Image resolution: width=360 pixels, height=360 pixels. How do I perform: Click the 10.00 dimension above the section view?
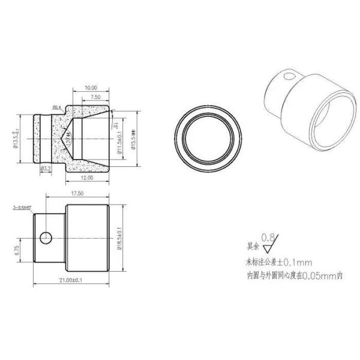coord(90,86)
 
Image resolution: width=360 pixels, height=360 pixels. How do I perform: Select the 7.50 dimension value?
coord(95,96)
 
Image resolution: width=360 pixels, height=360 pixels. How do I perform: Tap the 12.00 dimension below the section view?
coord(88,178)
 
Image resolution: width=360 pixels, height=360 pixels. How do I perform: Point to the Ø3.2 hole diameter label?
coord(45,170)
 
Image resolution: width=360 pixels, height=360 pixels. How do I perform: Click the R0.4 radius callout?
coord(58,107)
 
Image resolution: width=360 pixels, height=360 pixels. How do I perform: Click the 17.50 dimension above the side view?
coord(76,194)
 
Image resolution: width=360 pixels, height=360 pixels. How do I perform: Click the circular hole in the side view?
coord(45,238)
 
